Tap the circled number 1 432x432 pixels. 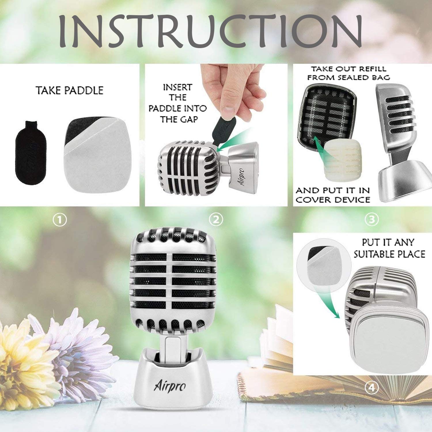60,221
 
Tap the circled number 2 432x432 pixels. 216,220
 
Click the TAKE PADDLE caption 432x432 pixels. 70,90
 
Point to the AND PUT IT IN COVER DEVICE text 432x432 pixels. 333,195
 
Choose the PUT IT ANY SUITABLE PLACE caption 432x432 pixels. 389,248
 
